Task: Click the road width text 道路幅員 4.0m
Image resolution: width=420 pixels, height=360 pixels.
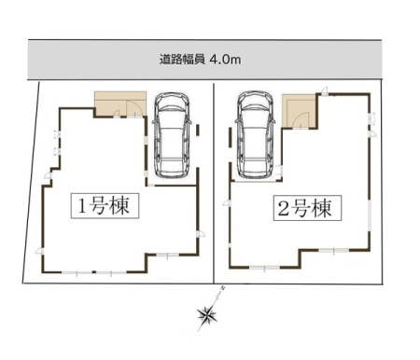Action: pyautogui.click(x=200, y=60)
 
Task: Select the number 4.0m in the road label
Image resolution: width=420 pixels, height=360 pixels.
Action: pyautogui.click(x=226, y=60)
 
